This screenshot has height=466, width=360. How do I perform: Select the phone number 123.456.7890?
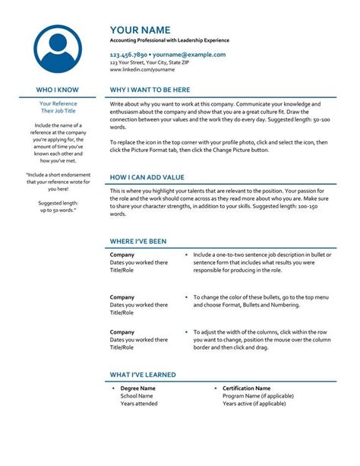pos(128,55)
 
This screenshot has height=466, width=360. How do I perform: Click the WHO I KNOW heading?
pos(58,90)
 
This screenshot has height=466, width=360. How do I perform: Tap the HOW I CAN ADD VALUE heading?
pos(147,176)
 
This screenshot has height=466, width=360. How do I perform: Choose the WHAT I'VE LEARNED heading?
pos(143,375)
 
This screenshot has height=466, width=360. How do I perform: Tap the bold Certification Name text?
pos(246,388)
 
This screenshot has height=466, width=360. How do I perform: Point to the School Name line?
pos(137,396)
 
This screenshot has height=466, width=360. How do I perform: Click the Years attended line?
pos(139,404)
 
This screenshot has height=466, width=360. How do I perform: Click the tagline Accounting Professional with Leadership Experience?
pos(169,40)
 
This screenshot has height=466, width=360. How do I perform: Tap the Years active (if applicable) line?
pos(254,404)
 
